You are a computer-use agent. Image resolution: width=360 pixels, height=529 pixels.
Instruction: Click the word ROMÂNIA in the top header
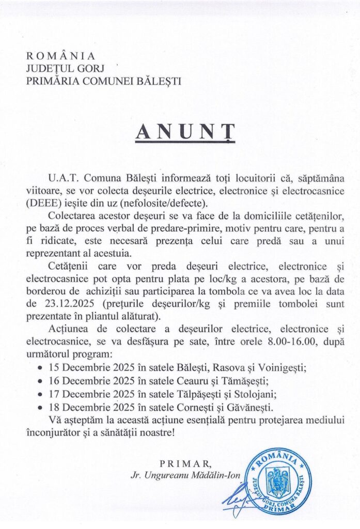(60, 56)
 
